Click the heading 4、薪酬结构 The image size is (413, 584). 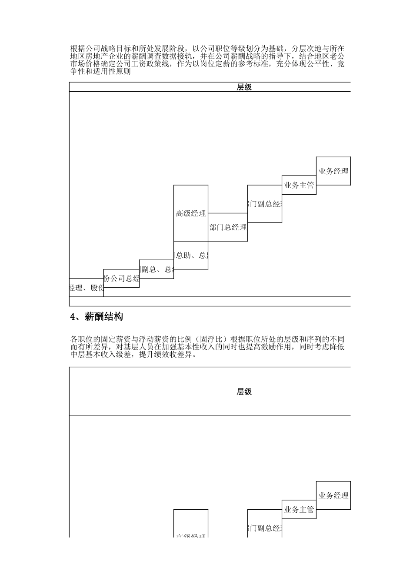pos(97,317)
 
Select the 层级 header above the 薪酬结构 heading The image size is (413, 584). pos(244,87)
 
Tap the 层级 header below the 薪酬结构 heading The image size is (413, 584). pos(244,392)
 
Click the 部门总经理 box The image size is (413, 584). pos(228,227)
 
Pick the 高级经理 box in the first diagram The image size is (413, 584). pos(191,213)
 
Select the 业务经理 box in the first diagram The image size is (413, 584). pos(333,171)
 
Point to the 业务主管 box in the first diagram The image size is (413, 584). pos(299,185)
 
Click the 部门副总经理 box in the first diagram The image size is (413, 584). pos(265,204)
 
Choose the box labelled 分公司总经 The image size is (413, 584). pos(121,279)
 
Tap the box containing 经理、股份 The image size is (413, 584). pos(87,288)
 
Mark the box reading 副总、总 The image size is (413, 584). pos(157,269)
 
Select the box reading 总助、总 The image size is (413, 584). pos(191,255)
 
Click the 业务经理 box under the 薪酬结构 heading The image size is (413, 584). pos(333,495)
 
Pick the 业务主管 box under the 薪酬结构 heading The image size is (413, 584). pos(299,509)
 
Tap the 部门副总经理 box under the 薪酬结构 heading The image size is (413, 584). pos(265,528)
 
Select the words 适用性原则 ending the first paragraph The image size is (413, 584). pos(111,72)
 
